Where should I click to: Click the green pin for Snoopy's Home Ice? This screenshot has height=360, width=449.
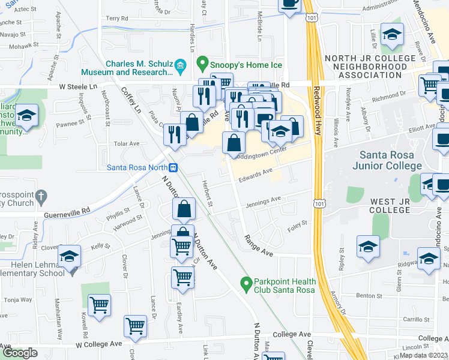(x=203, y=63)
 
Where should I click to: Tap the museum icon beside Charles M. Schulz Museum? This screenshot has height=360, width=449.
(x=179, y=68)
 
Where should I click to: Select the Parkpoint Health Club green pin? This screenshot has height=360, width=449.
(x=245, y=283)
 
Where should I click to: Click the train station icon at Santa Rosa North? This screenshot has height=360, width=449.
(x=173, y=167)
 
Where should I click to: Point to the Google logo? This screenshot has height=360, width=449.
(x=20, y=353)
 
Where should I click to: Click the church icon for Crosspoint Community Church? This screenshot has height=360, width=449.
(x=40, y=196)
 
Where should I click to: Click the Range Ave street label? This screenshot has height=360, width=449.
(x=259, y=246)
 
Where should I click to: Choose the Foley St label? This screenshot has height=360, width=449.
(x=297, y=225)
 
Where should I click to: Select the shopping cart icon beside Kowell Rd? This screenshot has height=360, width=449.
(x=99, y=304)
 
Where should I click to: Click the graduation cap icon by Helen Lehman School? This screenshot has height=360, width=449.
(x=69, y=257)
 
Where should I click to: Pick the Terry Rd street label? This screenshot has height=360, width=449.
(x=117, y=19)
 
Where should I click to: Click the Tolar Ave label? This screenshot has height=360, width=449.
(x=126, y=144)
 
